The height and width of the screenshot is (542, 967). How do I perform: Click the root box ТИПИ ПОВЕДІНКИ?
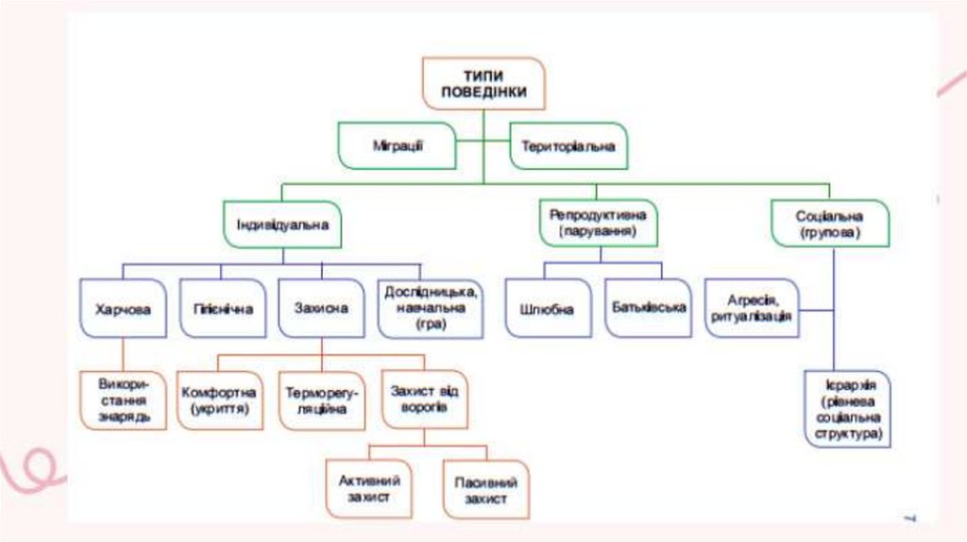pos(483,84)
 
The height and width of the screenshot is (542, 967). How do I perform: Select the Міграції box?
pos(398,145)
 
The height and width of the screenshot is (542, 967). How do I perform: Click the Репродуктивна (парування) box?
pos(599,223)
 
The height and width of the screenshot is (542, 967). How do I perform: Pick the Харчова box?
pos(123,309)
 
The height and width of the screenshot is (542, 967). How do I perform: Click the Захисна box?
pos(321,309)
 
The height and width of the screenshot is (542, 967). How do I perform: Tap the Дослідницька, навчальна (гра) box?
pos(430,308)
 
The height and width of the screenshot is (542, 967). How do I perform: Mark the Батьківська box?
pos(648,308)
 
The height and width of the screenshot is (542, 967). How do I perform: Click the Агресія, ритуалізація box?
pos(752,308)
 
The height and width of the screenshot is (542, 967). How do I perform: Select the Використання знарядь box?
pos(123,399)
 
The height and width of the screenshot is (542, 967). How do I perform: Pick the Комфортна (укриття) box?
pos(220,399)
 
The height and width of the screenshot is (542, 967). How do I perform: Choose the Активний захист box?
pos(370,487)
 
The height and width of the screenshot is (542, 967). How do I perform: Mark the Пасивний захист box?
pos(485,489)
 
